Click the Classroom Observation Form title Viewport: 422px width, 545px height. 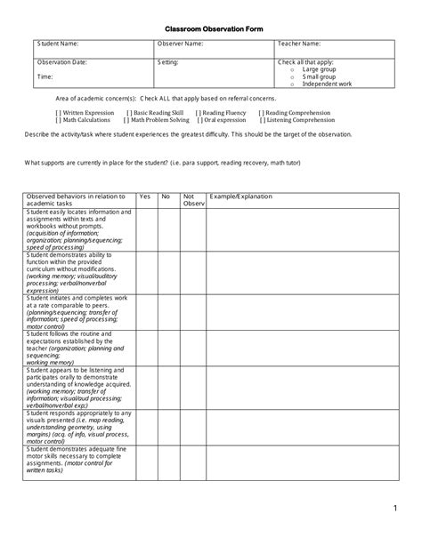coord(210,28)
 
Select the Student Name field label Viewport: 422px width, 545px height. coord(57,43)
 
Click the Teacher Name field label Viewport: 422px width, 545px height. coord(300,43)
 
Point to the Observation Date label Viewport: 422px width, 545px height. coord(61,62)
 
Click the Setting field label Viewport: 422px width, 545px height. coord(168,62)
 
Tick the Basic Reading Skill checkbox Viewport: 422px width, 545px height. coord(129,113)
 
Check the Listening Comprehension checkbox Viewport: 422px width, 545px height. coord(262,120)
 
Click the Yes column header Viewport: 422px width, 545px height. coord(145,196)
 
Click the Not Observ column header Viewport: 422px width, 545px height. coord(192,200)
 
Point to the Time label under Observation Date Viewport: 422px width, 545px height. coord(45,76)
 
